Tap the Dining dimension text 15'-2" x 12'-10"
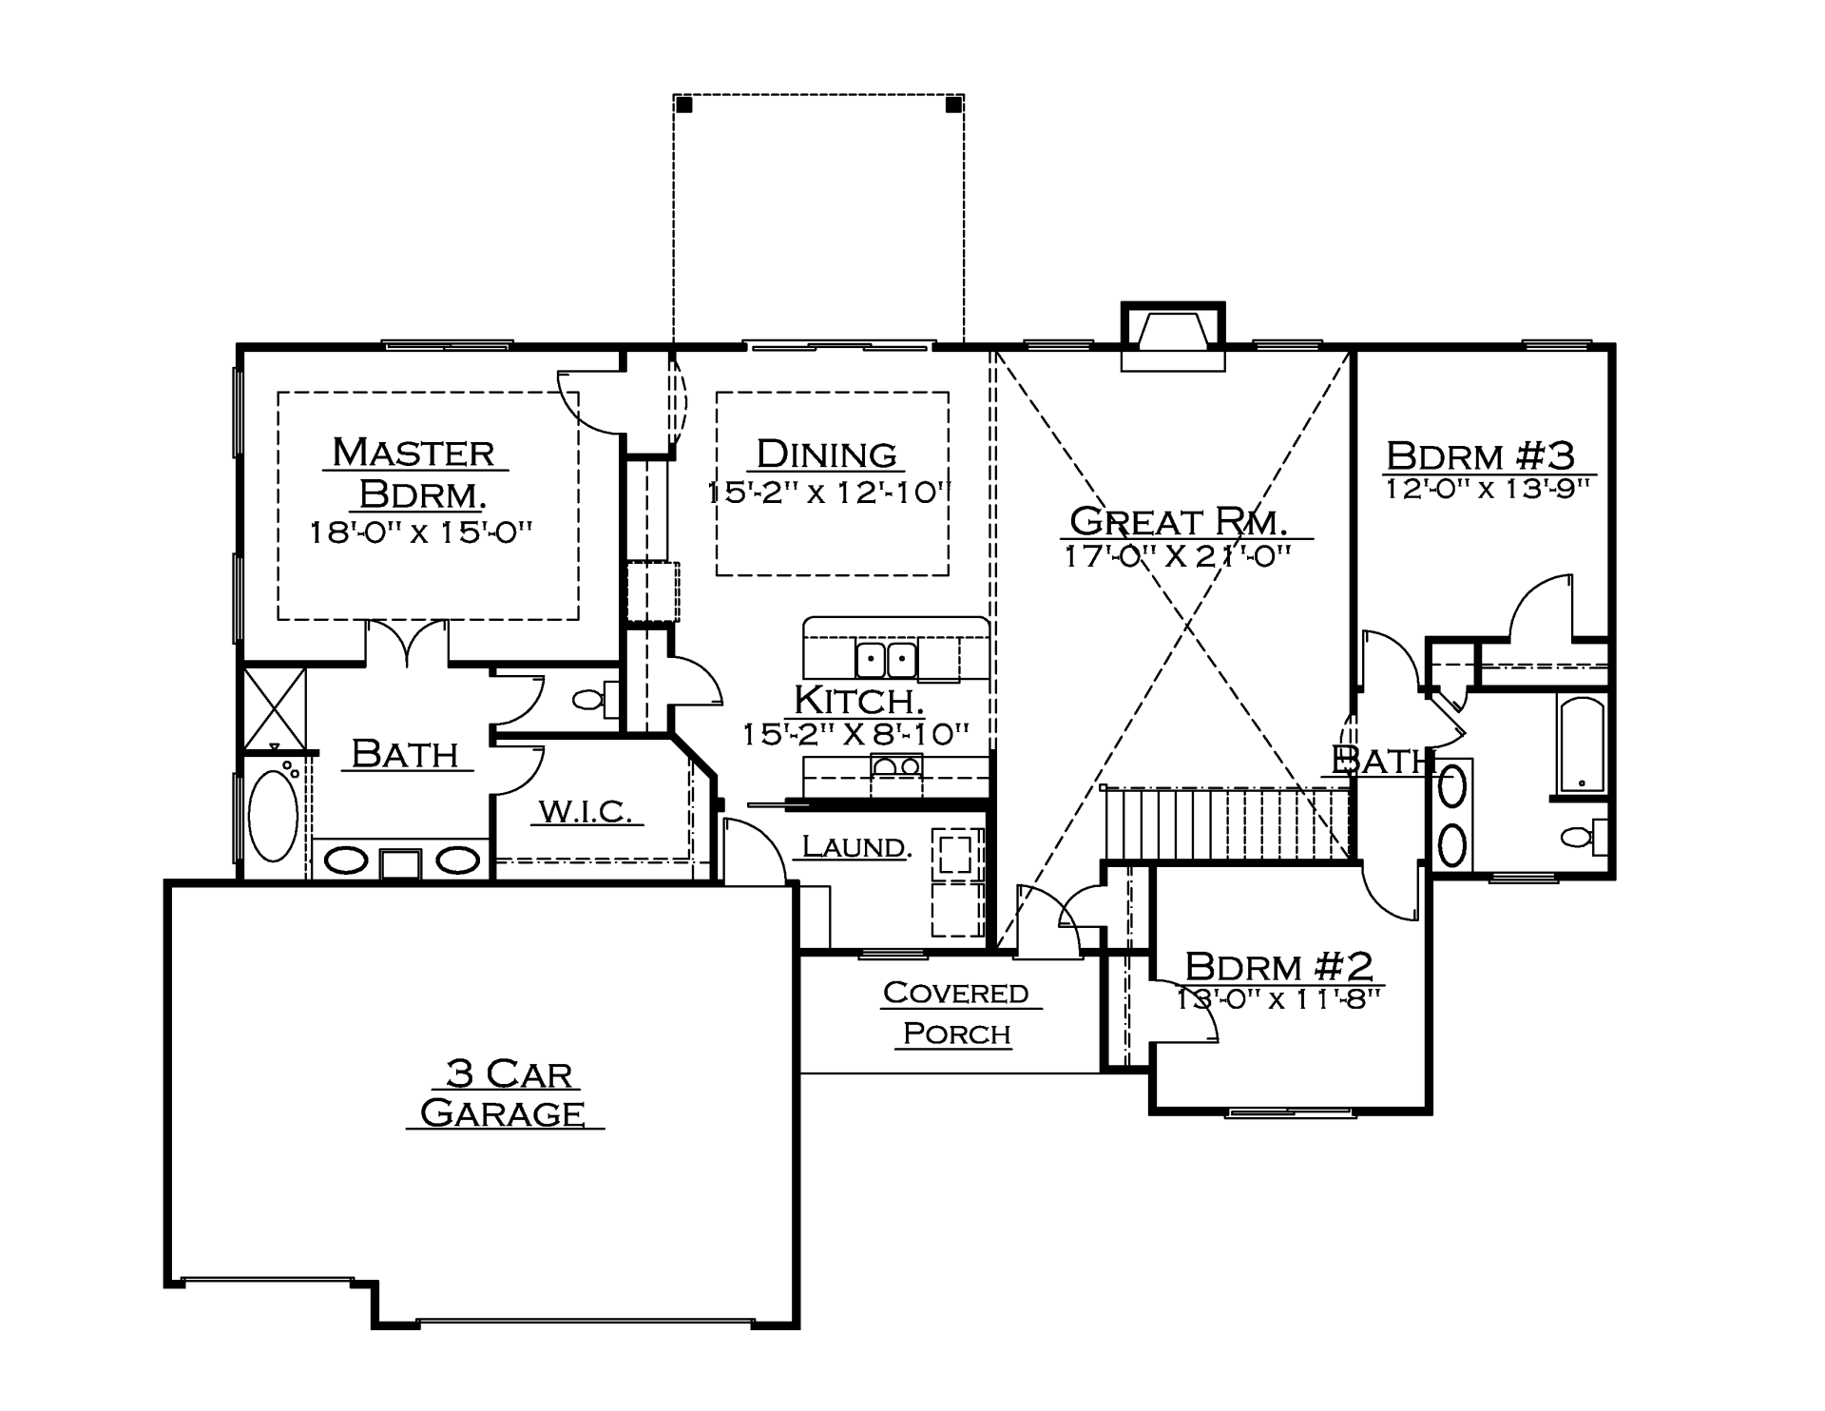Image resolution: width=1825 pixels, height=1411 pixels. [829, 493]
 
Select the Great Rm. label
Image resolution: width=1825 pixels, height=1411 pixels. [1179, 521]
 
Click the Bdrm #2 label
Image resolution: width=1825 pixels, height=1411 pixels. [1279, 966]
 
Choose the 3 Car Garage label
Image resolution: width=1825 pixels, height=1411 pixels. [504, 1093]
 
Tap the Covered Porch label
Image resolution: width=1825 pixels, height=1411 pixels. [956, 1013]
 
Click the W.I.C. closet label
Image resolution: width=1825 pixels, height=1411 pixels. [586, 811]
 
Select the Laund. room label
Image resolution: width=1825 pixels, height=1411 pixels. [855, 846]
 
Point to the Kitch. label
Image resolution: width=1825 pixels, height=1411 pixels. [858, 700]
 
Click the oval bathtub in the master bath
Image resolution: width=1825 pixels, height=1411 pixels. [274, 816]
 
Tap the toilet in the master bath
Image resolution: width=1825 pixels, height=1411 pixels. [595, 701]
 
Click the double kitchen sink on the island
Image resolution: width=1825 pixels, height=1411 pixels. [886, 658]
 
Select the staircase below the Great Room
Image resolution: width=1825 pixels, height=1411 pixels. [1226, 823]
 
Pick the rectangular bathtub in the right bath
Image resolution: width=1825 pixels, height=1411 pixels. [1581, 744]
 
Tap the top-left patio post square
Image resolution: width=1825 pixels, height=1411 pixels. [684, 105]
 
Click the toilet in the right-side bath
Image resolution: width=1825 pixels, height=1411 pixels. [1584, 837]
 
